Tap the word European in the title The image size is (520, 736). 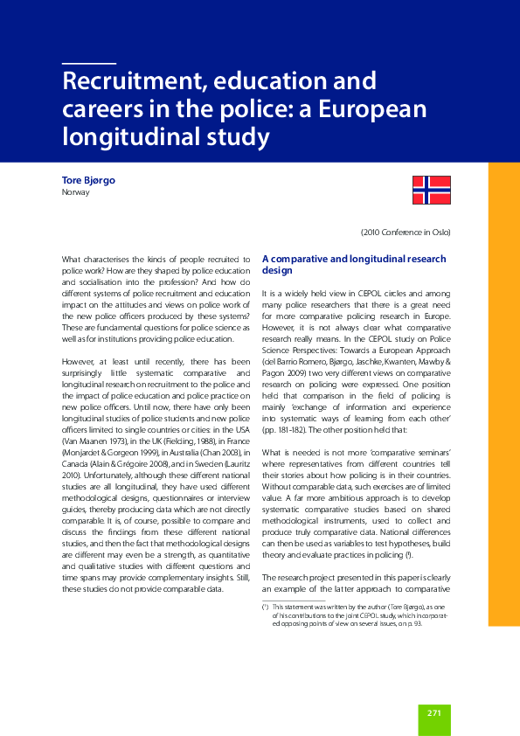[371, 109]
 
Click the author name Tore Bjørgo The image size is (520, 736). [88, 180]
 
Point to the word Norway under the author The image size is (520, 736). [76, 192]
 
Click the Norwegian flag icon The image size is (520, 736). [431, 189]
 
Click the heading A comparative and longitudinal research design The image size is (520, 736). [354, 264]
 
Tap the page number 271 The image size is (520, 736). [434, 713]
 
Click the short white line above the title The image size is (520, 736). [89, 64]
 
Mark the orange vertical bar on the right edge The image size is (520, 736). [503, 393]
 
